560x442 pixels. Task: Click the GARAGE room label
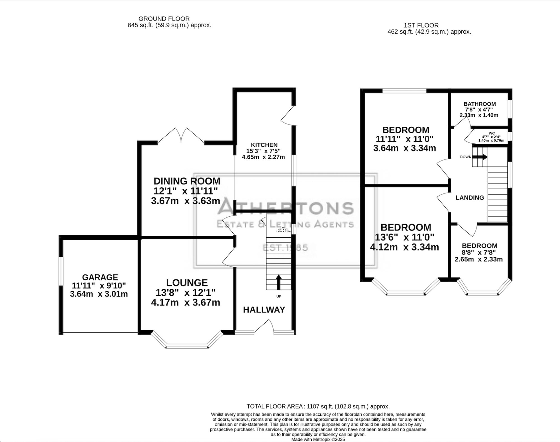100,277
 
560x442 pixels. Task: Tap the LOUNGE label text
187,283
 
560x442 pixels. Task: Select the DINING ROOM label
187,181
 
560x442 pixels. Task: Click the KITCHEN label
264,145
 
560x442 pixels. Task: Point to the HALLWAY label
264,310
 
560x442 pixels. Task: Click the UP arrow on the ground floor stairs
279,282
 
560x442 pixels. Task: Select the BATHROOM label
479,104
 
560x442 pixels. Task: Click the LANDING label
470,198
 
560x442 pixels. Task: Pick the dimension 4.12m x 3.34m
404,247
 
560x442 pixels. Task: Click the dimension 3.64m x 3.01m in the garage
99,294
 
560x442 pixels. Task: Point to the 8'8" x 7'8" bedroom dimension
480,253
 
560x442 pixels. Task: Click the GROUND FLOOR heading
164,19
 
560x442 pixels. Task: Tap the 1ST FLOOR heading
421,25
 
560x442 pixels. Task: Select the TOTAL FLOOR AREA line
318,406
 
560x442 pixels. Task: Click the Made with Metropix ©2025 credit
318,439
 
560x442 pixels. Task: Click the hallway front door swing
264,327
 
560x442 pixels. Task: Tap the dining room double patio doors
181,136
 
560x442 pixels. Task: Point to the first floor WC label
491,133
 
